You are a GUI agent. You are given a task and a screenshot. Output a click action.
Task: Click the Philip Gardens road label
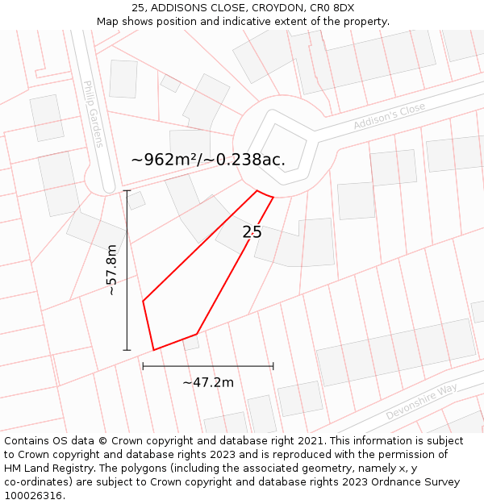[x=93, y=114]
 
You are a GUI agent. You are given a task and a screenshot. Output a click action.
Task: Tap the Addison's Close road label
[x=389, y=116]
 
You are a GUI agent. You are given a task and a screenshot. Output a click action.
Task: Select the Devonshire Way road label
[x=421, y=401]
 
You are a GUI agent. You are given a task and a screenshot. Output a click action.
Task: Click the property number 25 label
[x=252, y=232]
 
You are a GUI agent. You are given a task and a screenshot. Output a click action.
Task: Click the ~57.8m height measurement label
[x=112, y=270]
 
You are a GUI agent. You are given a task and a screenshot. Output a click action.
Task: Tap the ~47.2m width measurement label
[x=208, y=382]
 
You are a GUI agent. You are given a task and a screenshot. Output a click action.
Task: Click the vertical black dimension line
[x=127, y=306]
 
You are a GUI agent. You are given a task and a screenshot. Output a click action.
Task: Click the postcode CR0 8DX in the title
[x=332, y=8]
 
